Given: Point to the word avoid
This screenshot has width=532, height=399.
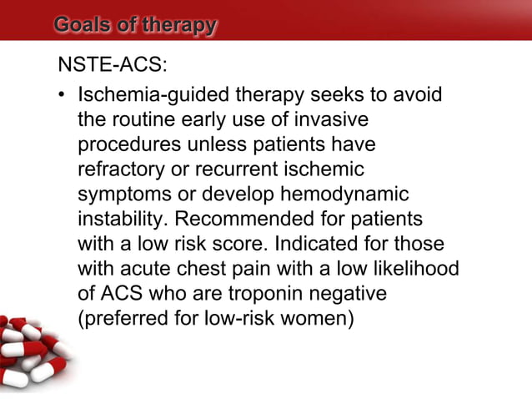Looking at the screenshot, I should point(415,98).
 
